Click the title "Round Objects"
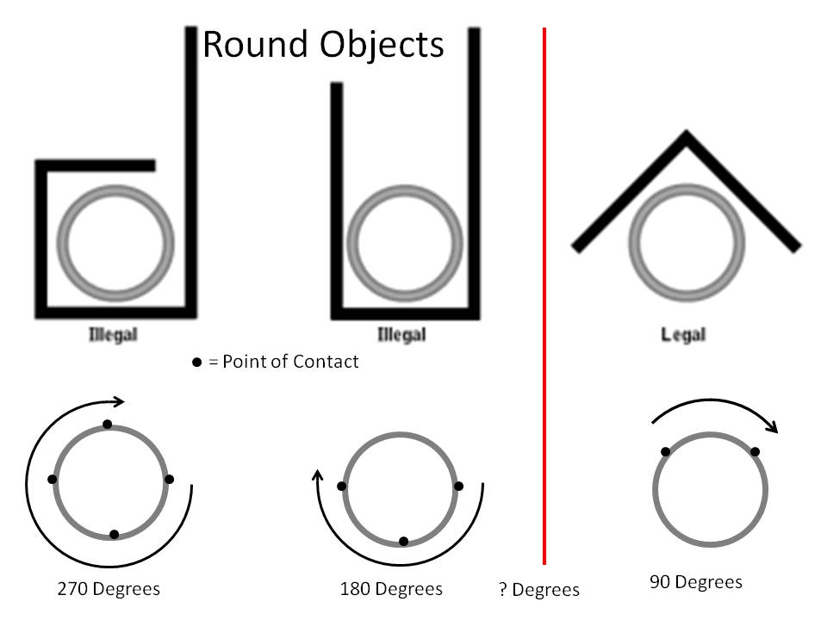coord(323,46)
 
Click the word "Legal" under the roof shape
coord(683,334)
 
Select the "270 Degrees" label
coord(109,588)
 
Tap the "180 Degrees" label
coord(391,588)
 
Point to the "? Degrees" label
coord(539,589)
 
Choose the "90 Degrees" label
coord(696,581)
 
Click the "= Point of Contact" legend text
coord(283,362)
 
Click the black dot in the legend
coord(196,363)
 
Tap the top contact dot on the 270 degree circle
coord(108,424)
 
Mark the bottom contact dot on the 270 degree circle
coord(114,535)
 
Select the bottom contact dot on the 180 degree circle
coord(403,541)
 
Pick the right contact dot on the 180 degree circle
coord(458,486)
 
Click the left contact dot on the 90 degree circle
coord(666,451)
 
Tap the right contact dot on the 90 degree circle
coord(755,451)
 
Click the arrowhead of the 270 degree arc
coord(119,402)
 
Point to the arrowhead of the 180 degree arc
coord(318,475)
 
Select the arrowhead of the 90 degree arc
coord(773,426)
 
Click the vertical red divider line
coord(544,295)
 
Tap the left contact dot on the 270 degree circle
coord(52,479)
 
